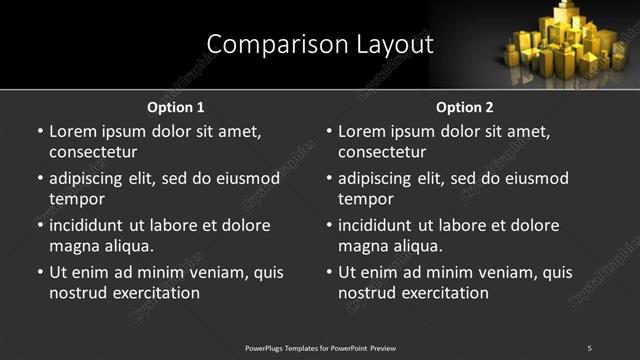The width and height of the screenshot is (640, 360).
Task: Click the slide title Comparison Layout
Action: click(320, 44)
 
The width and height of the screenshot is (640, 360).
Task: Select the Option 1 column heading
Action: click(176, 107)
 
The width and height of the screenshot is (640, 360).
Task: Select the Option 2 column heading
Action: click(465, 107)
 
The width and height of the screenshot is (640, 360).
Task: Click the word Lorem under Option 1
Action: click(72, 131)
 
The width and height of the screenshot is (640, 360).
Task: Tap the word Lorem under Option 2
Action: click(361, 131)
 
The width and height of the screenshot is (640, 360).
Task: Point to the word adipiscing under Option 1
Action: click(92, 179)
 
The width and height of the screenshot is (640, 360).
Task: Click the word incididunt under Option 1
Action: click(94, 226)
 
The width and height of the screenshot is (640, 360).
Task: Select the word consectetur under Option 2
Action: click(382, 152)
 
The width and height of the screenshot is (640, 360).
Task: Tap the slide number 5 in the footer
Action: click(589, 348)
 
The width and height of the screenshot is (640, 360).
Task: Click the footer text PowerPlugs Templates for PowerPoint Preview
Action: click(320, 348)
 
